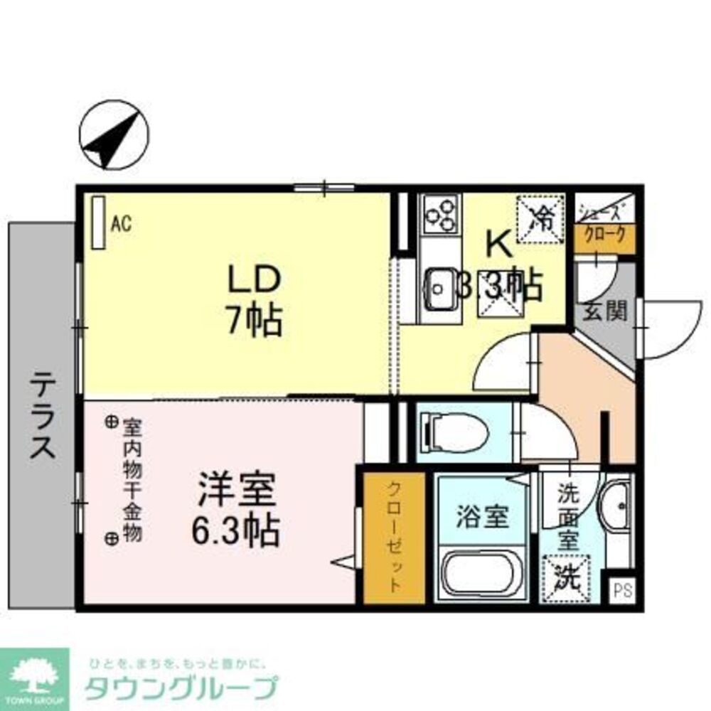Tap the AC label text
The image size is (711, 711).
pos(121,224)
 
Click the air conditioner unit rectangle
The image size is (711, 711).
pos(99,223)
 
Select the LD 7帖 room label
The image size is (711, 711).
pos(255,300)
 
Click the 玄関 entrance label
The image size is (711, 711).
pos(605,311)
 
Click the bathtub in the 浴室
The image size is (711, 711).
pos(483,572)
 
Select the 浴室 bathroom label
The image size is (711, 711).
pos(482,518)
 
